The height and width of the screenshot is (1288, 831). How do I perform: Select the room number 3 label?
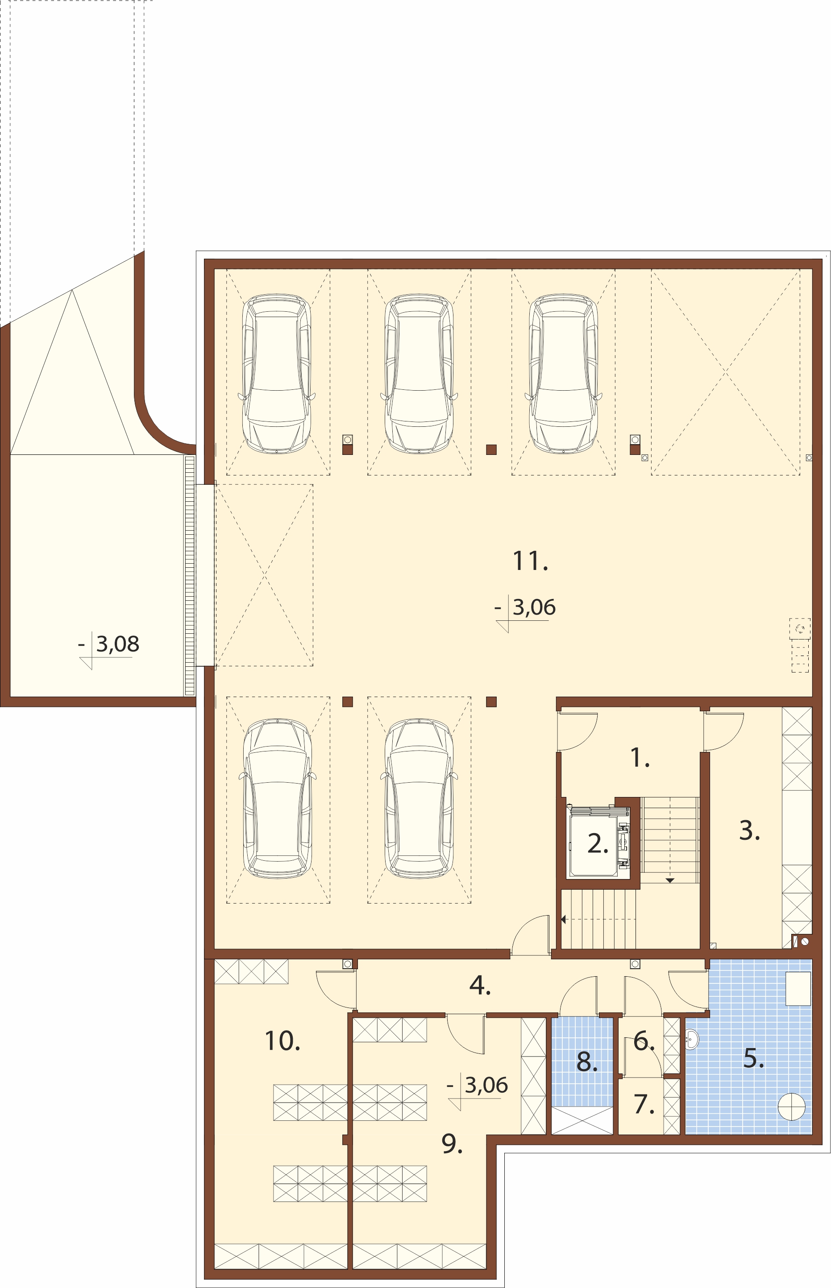click(749, 830)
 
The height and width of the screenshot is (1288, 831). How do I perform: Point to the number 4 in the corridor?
click(480, 986)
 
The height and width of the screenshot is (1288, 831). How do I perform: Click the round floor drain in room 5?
click(792, 1106)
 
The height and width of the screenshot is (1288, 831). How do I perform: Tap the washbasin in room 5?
click(692, 1039)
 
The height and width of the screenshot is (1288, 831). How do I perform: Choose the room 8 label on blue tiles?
click(587, 1061)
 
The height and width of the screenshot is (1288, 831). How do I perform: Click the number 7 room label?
click(644, 1104)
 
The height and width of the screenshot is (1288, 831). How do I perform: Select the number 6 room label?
click(644, 1040)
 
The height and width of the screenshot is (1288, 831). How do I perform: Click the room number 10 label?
click(282, 1040)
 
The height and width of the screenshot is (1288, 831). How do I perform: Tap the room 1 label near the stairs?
click(640, 757)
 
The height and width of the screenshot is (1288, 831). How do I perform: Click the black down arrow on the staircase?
click(670, 880)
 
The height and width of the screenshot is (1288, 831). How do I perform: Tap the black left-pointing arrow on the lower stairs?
click(563, 919)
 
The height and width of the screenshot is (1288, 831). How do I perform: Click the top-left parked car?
click(277, 374)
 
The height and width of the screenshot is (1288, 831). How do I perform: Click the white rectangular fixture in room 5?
click(798, 988)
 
